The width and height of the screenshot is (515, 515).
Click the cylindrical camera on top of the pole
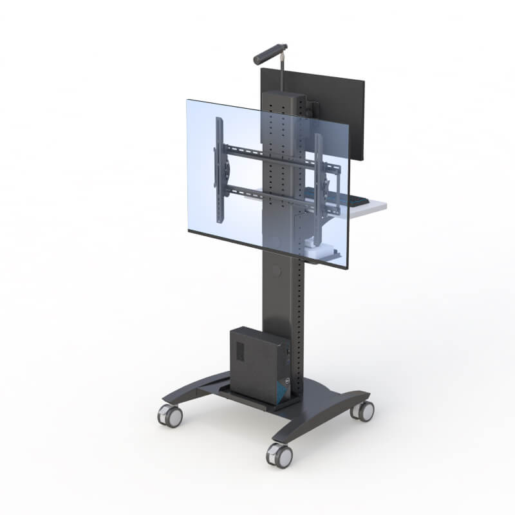[x=270, y=53]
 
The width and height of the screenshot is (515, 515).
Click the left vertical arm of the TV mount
[x=220, y=171]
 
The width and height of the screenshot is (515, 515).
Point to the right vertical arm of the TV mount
[x=319, y=174]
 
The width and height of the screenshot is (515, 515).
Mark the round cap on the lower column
[x=276, y=270]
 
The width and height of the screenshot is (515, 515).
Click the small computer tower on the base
[x=257, y=364]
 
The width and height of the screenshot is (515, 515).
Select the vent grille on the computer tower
[x=239, y=351]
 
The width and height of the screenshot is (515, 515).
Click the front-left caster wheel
[x=171, y=417]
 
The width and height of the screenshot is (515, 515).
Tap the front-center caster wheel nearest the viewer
[x=280, y=455]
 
